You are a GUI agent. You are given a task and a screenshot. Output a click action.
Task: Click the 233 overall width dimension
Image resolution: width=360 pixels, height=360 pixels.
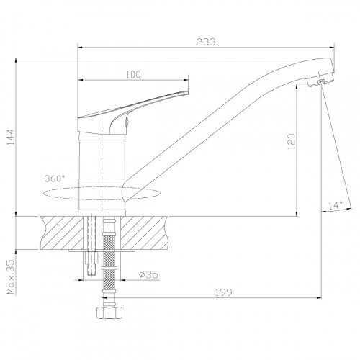click(x=206, y=42)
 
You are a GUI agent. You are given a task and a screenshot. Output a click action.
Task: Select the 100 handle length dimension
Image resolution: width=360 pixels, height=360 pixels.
click(x=133, y=74)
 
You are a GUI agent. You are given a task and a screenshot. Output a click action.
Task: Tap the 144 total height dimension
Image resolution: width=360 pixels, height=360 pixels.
click(x=11, y=137)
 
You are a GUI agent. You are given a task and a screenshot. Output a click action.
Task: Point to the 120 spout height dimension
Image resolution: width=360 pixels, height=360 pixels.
click(x=291, y=141)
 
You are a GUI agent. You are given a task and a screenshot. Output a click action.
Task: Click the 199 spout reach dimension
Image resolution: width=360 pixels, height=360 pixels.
click(x=223, y=292)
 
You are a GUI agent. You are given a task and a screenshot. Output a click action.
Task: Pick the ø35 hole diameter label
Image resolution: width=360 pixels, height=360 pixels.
click(x=148, y=274)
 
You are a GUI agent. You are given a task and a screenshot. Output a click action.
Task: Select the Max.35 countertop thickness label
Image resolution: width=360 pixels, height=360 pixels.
click(x=11, y=276)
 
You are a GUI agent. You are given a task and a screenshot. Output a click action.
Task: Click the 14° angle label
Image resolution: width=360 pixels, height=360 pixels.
click(x=336, y=205)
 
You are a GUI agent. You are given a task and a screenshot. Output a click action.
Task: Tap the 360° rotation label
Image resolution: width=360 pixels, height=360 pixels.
click(x=55, y=179)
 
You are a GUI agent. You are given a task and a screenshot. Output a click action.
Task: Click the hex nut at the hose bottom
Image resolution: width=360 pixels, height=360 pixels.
click(x=109, y=312)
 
